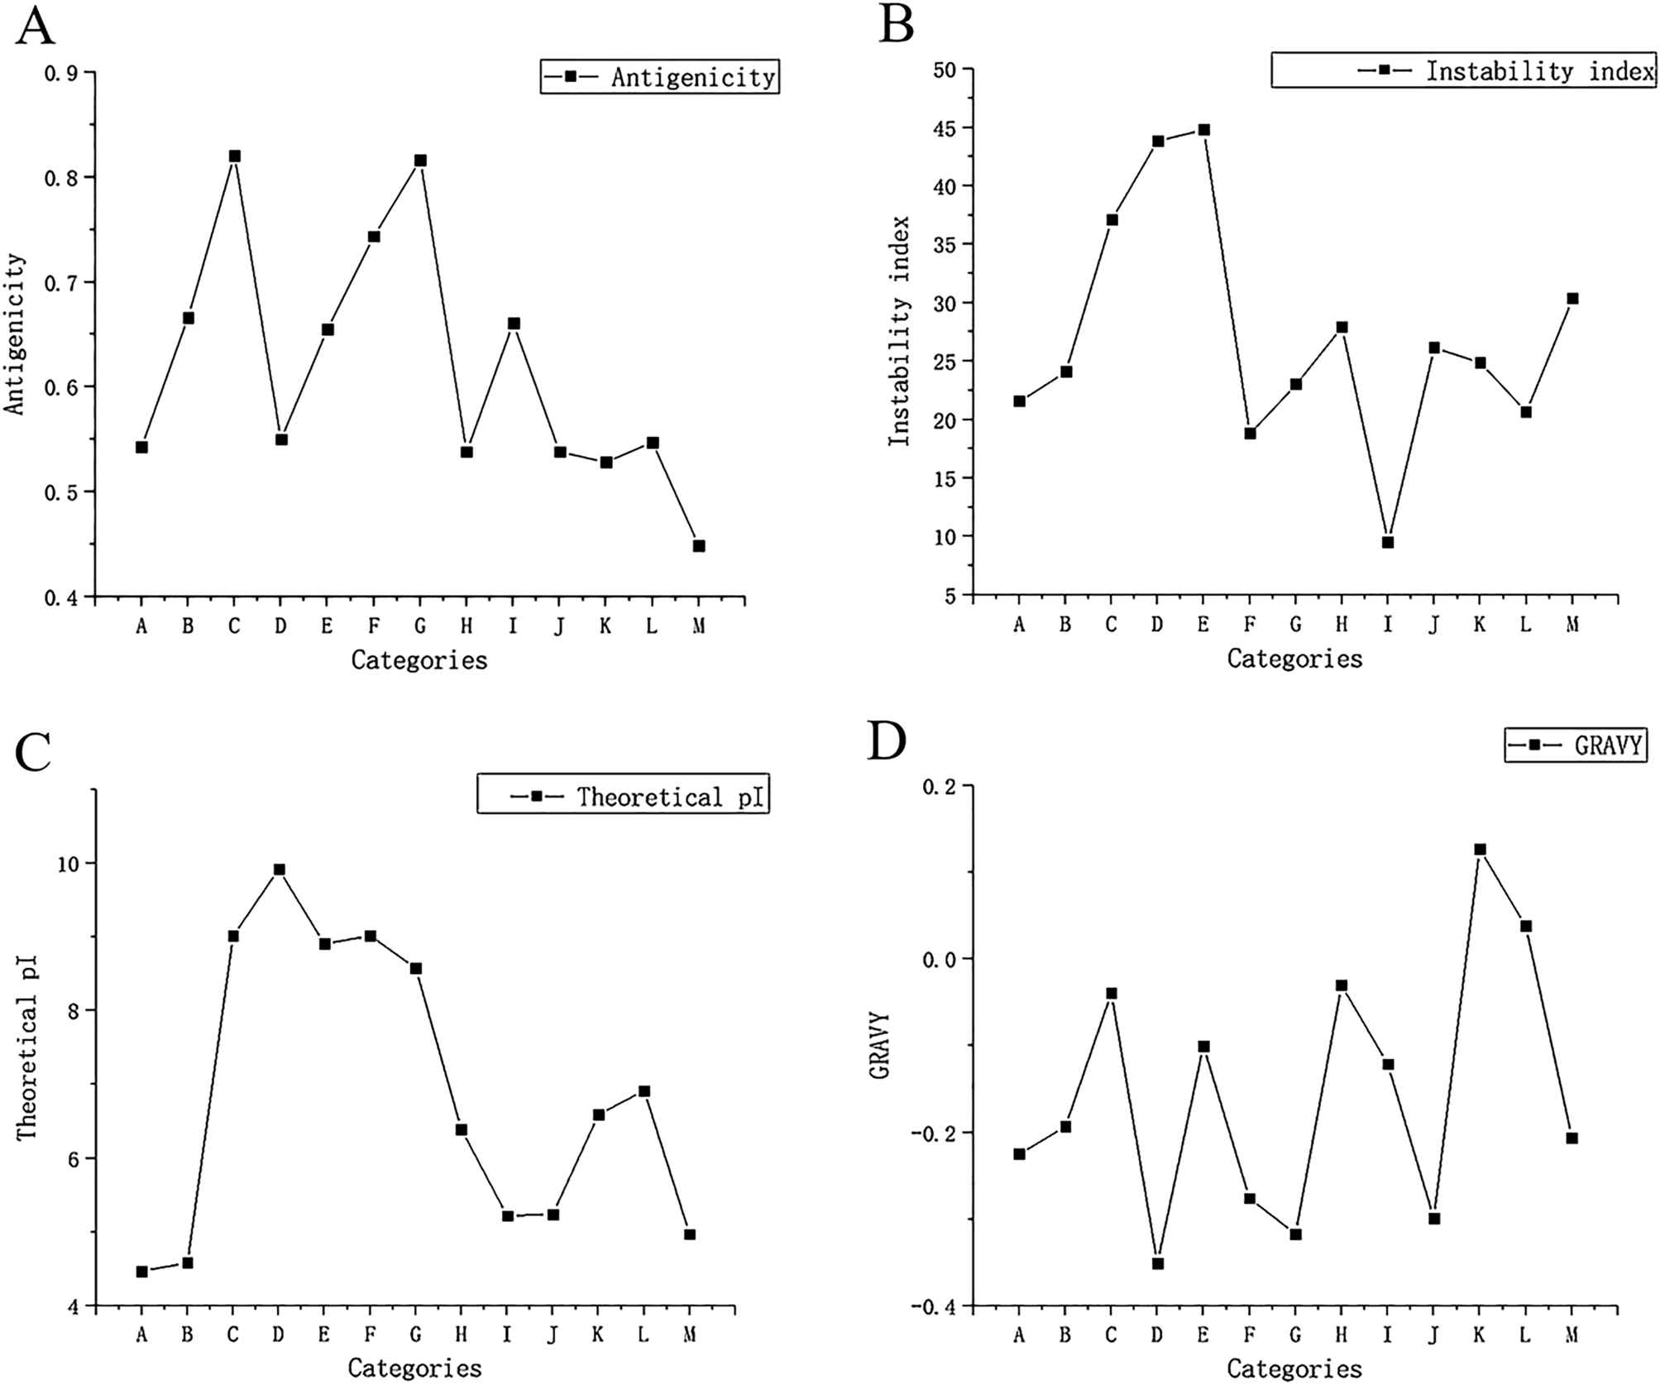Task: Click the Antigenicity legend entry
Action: (660, 77)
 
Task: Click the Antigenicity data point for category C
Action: (234, 156)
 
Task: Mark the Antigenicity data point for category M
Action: (698, 546)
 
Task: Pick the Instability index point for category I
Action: (1388, 543)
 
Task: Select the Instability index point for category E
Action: (1203, 130)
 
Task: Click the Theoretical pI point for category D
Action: (280, 870)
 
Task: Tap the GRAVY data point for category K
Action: (1480, 850)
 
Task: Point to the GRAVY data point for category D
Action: (1158, 1263)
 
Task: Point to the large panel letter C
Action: (35, 751)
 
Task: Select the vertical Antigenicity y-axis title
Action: (15, 333)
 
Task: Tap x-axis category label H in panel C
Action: (461, 1335)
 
